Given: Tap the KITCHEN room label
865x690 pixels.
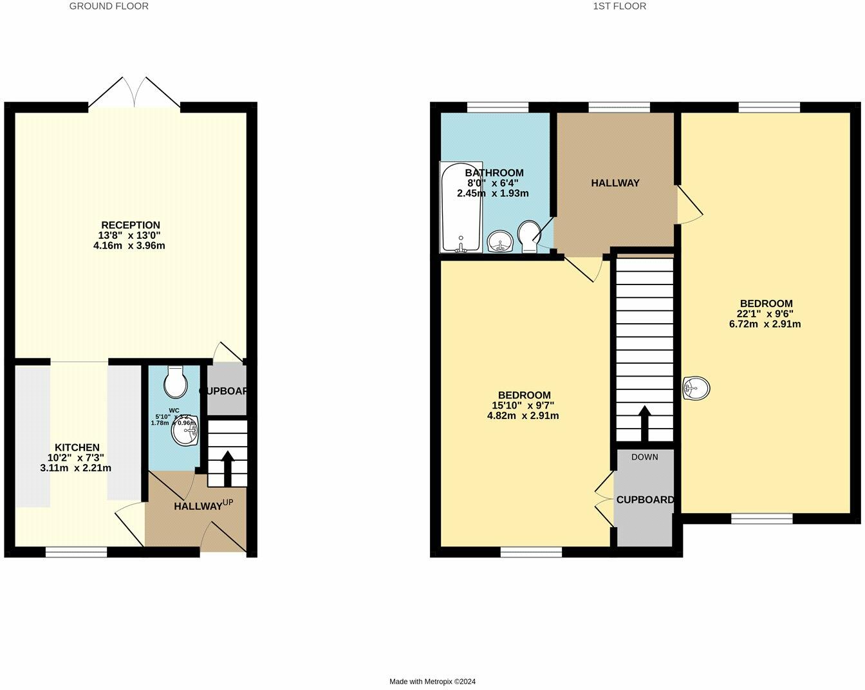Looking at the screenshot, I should pyautogui.click(x=77, y=447).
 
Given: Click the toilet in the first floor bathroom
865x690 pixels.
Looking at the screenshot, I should pyautogui.click(x=530, y=236).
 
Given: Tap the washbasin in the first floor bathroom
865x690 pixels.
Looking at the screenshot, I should pyautogui.click(x=499, y=242).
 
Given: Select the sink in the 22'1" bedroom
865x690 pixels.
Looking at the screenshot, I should pyautogui.click(x=696, y=388).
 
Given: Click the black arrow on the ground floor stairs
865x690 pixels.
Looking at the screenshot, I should pyautogui.click(x=227, y=468).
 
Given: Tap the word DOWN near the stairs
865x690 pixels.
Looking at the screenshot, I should pyautogui.click(x=644, y=457).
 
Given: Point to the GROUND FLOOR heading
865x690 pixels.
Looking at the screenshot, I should pyautogui.click(x=109, y=6).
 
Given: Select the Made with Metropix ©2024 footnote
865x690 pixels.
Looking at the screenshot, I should pyautogui.click(x=432, y=682).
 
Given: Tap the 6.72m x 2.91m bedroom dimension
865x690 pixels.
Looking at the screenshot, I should pyautogui.click(x=765, y=324).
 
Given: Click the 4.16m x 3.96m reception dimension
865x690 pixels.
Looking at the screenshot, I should pyautogui.click(x=129, y=245).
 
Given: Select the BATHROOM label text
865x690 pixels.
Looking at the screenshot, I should pyautogui.click(x=494, y=173).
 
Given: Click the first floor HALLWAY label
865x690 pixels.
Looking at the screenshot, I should pyautogui.click(x=615, y=183).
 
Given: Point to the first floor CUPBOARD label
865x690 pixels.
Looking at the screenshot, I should pyautogui.click(x=645, y=499).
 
